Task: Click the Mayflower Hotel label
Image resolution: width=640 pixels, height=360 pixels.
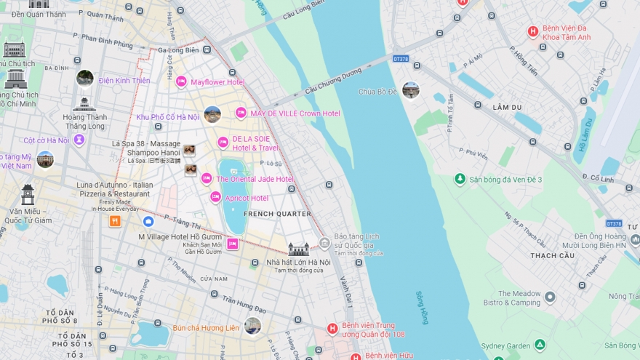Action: tap(217, 82)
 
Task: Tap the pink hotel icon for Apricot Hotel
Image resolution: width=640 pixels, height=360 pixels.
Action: tap(215, 197)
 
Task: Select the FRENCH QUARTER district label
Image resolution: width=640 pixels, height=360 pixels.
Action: tap(277, 214)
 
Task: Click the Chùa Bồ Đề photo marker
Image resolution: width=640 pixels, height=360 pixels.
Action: tap(411, 90)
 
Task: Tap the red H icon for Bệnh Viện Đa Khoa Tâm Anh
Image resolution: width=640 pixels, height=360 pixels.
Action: tap(532, 31)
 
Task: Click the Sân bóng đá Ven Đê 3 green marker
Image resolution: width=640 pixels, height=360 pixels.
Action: tap(460, 179)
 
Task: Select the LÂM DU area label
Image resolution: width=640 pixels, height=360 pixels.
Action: tap(508, 107)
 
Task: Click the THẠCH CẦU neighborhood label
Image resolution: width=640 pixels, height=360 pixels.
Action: tap(553, 255)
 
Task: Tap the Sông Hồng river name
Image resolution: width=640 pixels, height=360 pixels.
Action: tap(422, 306)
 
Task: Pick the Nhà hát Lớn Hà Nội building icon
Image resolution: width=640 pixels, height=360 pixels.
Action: tap(298, 249)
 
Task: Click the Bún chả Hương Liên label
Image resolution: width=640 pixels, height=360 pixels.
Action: tap(205, 328)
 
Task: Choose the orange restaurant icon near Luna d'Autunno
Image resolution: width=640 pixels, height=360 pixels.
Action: tap(115, 221)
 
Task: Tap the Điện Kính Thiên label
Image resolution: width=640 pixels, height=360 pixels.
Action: tap(124, 81)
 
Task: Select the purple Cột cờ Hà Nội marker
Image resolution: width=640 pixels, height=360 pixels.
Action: tap(79, 140)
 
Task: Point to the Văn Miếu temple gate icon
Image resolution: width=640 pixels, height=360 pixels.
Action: tap(28, 194)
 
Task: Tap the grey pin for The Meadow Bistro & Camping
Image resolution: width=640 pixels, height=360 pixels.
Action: tap(550, 297)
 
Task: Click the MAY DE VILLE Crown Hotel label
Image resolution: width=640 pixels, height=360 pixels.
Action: tap(295, 113)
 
